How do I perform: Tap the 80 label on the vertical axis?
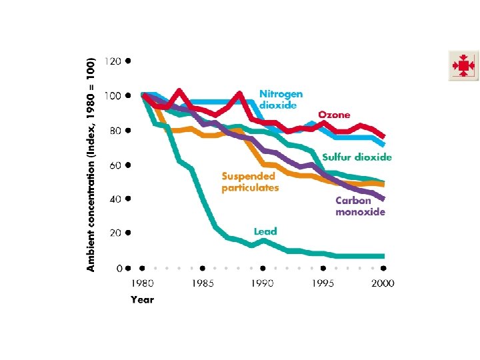point(115,131)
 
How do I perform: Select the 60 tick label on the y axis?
point(115,165)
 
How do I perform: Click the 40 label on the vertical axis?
point(115,199)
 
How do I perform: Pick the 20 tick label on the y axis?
point(115,233)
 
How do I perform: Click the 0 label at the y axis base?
point(118,268)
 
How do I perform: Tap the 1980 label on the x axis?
point(142,283)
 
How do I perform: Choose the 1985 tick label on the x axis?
point(203,283)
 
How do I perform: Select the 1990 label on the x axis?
point(263,283)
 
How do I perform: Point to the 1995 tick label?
point(323,283)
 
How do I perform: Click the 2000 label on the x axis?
point(382,283)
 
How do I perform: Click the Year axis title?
point(142,299)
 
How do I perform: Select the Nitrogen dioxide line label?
point(281,99)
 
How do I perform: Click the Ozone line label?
point(334,115)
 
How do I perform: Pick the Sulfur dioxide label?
point(357,157)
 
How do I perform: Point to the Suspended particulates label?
point(250,182)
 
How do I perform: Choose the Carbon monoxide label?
point(360,206)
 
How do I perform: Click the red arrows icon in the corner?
point(463,66)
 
